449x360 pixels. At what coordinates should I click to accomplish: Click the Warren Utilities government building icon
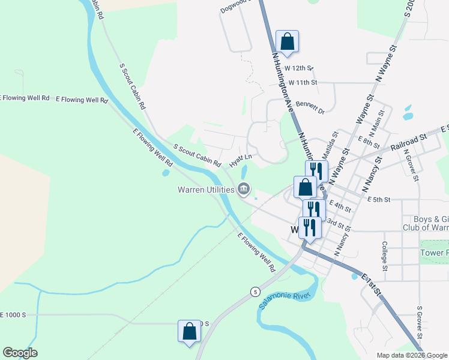(x=244, y=190)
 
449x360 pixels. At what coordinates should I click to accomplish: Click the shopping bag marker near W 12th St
(x=288, y=42)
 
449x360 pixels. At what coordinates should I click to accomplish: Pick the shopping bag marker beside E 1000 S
(x=189, y=332)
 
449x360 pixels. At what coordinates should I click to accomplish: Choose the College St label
(x=384, y=256)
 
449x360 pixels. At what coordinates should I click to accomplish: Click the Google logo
(x=20, y=353)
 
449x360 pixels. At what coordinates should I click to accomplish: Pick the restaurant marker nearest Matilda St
(x=316, y=172)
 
